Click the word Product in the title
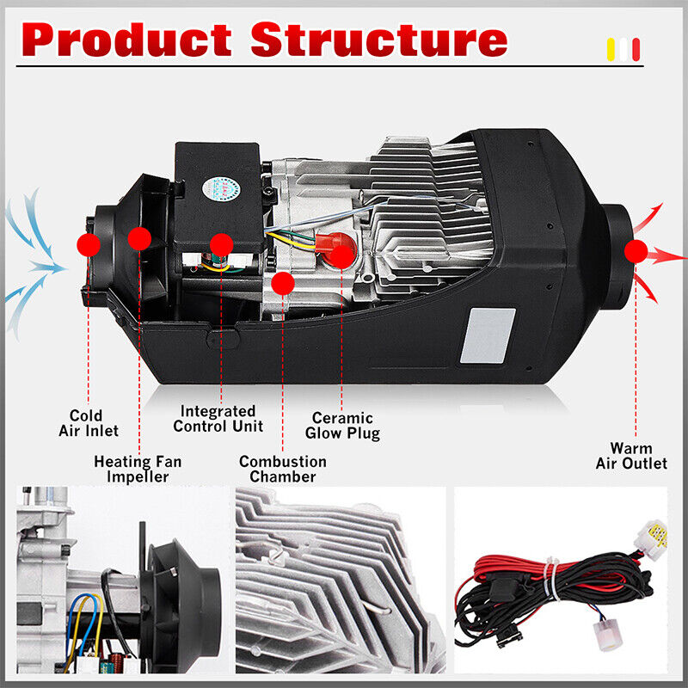coord(129,40)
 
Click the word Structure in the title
coord(378,40)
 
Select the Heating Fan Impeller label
coord(138,469)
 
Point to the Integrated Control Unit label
coord(218,419)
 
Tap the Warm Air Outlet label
coord(631,456)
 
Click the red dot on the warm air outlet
coord(636,251)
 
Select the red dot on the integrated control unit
coord(221,244)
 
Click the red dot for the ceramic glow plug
coord(341,255)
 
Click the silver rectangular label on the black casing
coord(488,335)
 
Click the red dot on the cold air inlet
coord(89,244)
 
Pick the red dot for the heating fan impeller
coord(139,237)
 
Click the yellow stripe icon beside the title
coord(612,49)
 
